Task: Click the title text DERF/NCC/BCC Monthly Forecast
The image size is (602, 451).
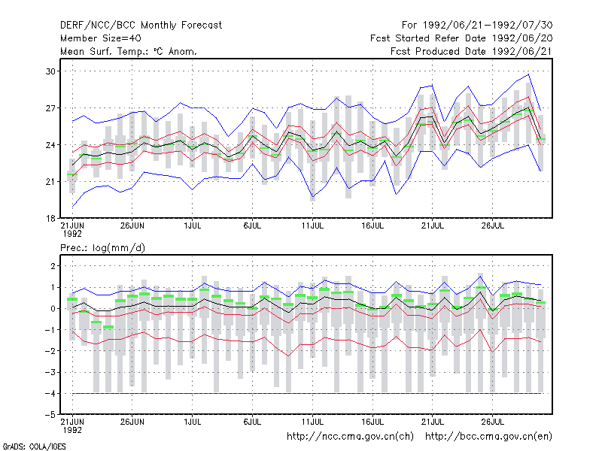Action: [141, 26]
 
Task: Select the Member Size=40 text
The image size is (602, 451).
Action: [101, 38]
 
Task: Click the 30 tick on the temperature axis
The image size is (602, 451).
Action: [50, 71]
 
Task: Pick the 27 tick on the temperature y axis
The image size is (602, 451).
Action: [50, 108]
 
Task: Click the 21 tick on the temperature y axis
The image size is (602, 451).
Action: [50, 181]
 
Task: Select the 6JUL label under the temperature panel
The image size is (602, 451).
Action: [252, 225]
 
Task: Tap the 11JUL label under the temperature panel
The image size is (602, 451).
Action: [312, 225]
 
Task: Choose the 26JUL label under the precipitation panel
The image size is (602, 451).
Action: [493, 422]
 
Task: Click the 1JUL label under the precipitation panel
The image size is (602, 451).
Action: [193, 422]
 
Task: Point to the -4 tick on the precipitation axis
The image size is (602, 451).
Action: [50, 393]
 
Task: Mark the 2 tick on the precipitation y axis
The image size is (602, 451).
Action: [53, 266]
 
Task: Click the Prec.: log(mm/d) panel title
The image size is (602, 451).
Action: [102, 248]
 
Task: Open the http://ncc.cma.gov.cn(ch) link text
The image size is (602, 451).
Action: [350, 437]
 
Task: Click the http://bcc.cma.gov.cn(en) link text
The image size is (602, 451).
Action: [488, 437]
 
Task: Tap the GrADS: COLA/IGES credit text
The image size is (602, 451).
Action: [35, 446]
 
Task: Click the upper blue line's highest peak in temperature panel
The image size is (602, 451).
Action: [529, 74]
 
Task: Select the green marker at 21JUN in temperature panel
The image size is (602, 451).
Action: [72, 174]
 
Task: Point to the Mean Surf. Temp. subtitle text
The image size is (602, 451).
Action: [128, 51]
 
